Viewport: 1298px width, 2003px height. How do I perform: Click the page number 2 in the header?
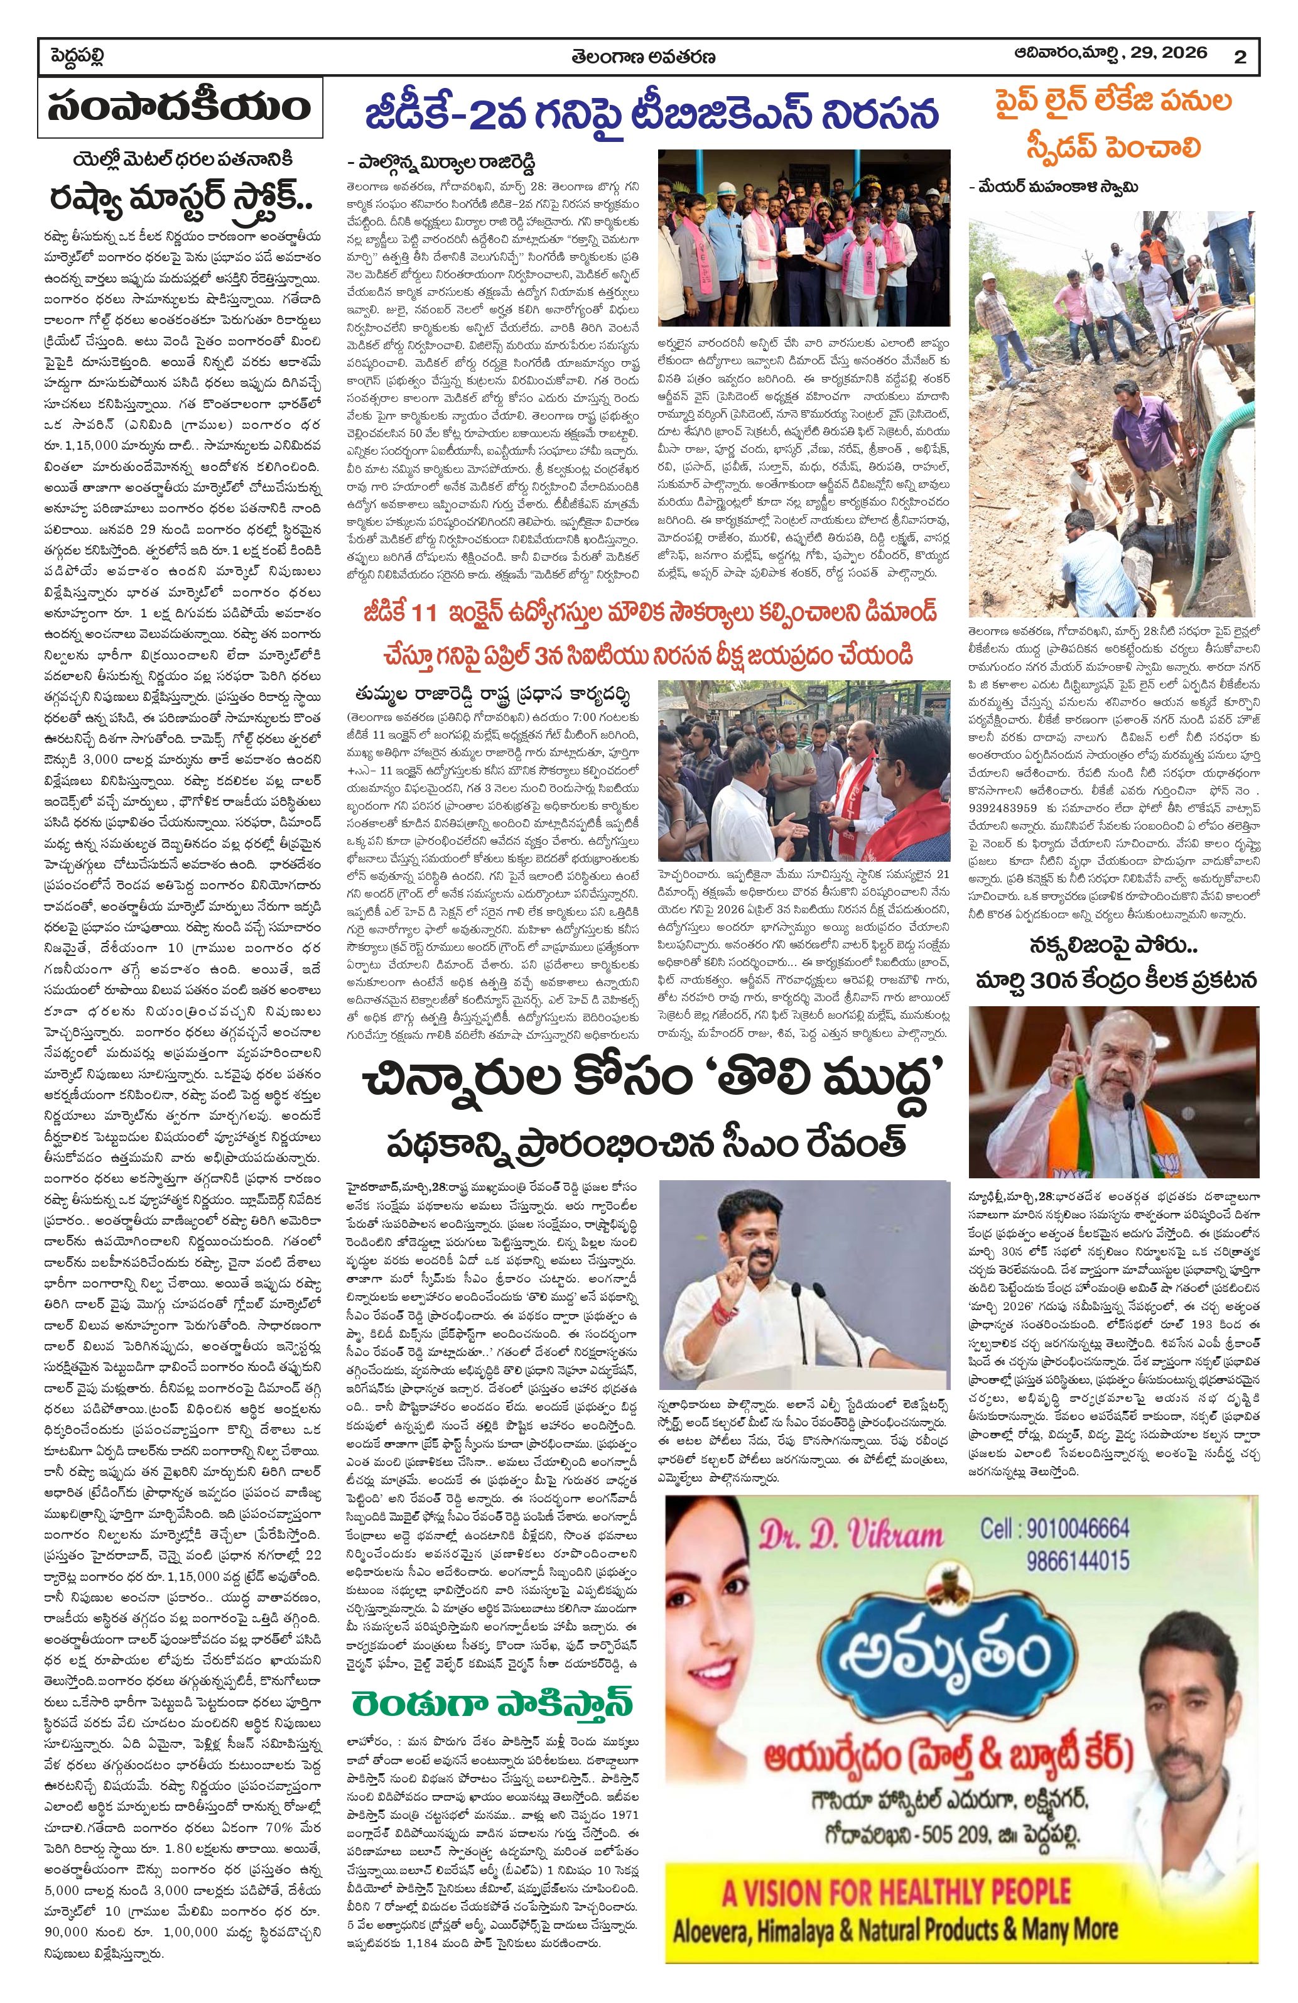click(x=1240, y=57)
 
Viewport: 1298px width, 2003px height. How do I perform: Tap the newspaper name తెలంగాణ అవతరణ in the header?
click(x=642, y=57)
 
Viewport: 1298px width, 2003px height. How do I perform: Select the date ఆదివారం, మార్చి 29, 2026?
click(x=1110, y=53)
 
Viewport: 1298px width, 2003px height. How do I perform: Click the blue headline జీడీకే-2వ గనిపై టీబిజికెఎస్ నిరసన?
click(x=651, y=114)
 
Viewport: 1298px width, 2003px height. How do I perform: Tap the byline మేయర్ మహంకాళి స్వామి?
click(x=1058, y=187)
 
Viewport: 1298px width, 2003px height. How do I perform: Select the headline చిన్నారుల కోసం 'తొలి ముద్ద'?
click(x=654, y=1082)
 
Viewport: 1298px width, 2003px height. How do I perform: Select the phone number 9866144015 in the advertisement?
click(x=1077, y=1561)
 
